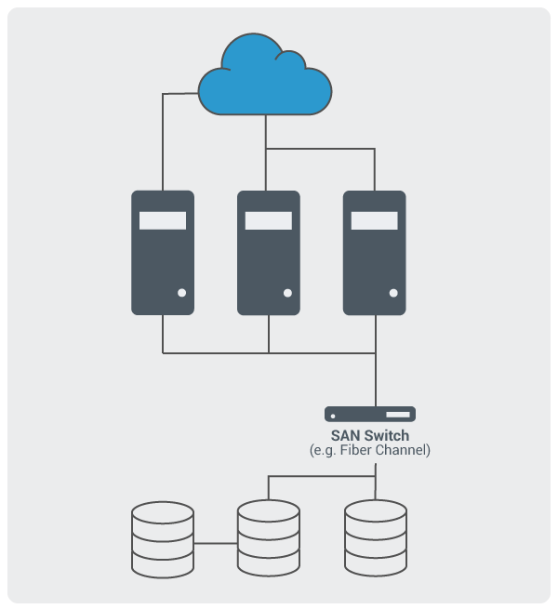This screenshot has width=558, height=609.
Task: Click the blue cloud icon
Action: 265,75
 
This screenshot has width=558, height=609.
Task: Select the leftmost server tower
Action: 163,253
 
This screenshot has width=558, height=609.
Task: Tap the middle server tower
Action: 269,253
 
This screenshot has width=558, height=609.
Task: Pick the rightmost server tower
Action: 375,253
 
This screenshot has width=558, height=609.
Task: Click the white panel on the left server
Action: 163,220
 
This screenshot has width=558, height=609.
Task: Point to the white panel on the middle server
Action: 269,220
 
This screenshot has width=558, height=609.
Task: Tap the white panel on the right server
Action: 375,220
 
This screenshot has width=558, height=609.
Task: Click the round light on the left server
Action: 182,293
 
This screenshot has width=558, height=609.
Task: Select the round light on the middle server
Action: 287,293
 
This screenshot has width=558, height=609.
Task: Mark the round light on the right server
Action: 393,293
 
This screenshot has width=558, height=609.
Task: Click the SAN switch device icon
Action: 370,414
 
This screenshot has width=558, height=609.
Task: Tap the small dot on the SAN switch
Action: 333,417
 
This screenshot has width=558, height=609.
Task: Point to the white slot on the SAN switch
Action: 398,415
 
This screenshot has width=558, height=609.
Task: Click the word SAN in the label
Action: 346,436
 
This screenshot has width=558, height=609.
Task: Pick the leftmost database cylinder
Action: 163,539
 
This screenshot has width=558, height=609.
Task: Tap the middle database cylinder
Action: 269,538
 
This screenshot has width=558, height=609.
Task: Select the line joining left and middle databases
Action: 216,543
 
